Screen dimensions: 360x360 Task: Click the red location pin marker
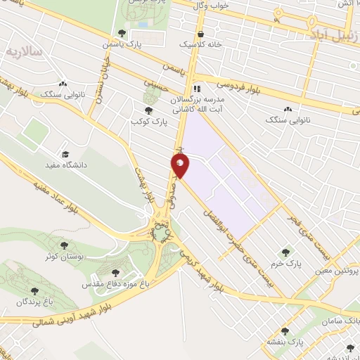[180, 166]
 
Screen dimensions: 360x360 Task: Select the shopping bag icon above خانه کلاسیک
[201, 33]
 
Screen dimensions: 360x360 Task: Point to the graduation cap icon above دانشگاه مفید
[65, 155]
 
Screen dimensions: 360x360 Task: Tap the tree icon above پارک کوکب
[148, 110]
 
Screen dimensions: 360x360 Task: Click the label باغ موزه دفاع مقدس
[117, 284]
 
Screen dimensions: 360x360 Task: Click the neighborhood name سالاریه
[23, 53]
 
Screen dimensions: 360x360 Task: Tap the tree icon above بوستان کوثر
[65, 246]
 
